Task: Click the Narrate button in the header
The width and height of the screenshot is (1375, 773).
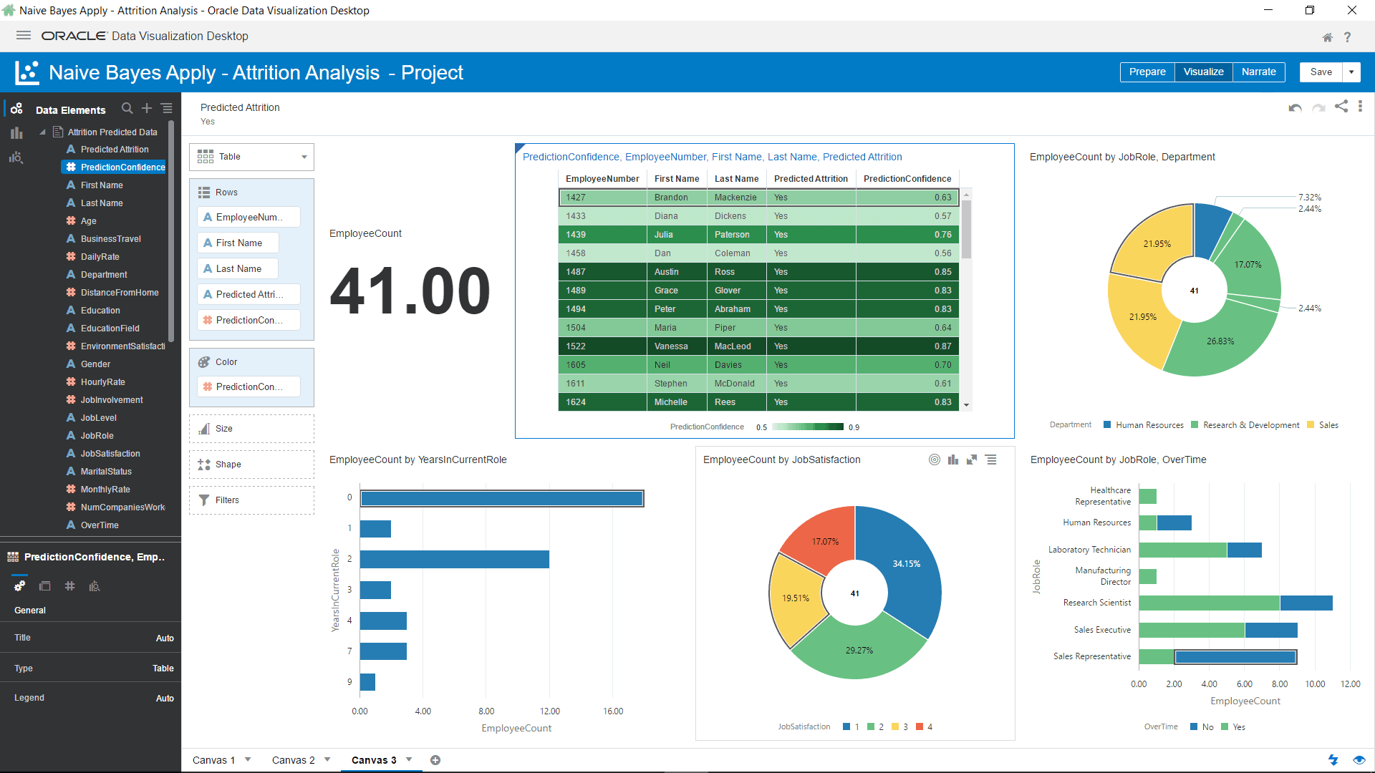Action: [1258, 72]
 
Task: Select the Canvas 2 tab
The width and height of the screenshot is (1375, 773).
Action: [293, 760]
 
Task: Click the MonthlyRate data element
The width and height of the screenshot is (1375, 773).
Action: [105, 490]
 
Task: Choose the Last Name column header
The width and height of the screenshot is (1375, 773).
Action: [736, 179]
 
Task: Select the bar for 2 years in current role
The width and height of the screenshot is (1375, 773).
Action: [454, 559]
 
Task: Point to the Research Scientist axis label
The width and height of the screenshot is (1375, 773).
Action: [1096, 603]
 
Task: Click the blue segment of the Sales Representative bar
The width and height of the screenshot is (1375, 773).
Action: [1235, 656]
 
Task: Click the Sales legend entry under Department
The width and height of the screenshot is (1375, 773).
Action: [1328, 425]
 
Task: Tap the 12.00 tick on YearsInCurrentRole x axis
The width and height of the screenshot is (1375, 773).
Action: [549, 711]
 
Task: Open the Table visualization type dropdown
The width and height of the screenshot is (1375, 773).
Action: [304, 157]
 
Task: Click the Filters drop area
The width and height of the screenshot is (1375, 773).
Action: [251, 500]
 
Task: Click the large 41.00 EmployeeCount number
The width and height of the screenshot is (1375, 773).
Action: [410, 291]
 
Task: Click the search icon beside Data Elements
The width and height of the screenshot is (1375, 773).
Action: [127, 108]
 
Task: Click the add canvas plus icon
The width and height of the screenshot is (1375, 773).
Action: [435, 760]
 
